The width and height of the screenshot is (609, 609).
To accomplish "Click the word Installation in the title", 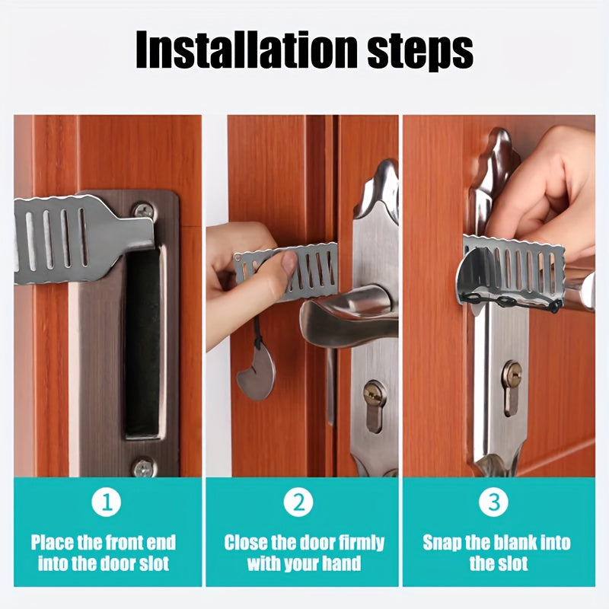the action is click(x=246, y=49).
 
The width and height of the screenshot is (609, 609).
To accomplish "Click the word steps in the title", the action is click(x=420, y=53).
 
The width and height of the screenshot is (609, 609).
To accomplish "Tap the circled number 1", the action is click(x=106, y=502).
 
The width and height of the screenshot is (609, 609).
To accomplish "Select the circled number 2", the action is click(x=298, y=502).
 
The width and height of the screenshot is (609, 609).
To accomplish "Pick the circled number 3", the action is click(x=493, y=502).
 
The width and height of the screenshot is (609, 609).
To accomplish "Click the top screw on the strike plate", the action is click(x=144, y=212).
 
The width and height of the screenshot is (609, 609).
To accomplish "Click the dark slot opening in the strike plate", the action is click(x=142, y=342).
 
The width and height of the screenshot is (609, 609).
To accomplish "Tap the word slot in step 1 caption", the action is click(x=153, y=564).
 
